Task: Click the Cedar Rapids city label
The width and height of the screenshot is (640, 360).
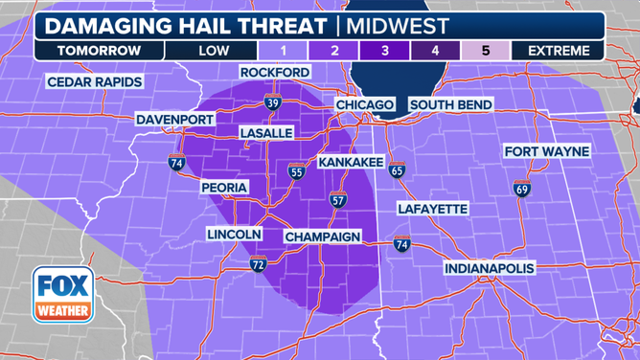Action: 95,82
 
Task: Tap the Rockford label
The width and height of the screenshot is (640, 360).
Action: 275,73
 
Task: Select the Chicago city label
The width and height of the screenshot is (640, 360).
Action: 365,104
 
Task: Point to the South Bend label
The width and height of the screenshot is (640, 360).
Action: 450,104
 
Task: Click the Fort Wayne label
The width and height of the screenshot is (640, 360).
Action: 547,152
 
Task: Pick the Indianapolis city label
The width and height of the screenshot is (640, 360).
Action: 489,268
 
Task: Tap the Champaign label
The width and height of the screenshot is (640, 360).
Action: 322,236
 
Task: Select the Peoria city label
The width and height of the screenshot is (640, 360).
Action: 225,187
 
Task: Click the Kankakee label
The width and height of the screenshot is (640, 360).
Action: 351,164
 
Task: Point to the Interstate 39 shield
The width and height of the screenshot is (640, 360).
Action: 272,102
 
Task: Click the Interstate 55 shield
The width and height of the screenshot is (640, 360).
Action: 297,172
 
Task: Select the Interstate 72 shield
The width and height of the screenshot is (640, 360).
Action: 258,263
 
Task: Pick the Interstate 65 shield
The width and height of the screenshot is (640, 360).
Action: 397,171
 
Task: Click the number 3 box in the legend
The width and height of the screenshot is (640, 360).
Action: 385,50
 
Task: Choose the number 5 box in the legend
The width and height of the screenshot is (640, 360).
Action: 486,50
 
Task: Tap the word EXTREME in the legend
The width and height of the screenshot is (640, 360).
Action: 559,50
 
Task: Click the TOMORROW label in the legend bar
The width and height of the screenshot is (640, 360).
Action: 99,50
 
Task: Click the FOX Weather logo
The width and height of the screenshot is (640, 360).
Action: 63,294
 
